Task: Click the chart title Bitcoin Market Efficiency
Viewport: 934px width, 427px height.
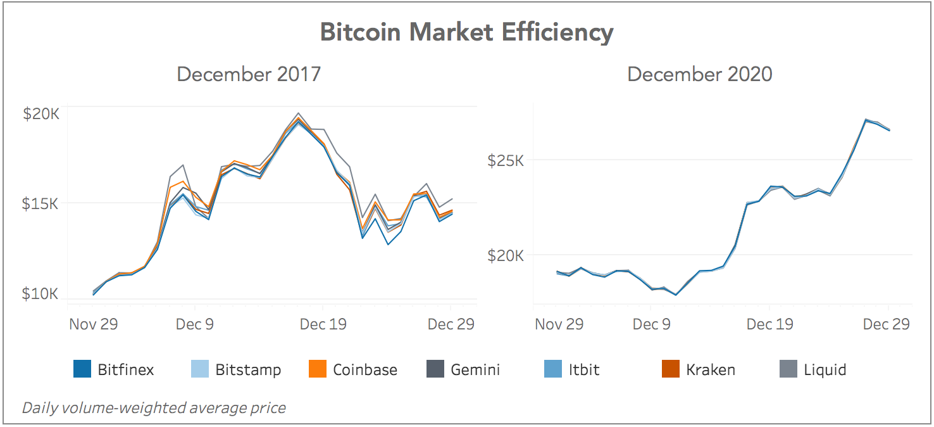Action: point(466,32)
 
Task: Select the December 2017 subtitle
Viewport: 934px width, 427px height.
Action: point(249,74)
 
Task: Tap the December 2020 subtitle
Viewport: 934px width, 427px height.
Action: point(699,74)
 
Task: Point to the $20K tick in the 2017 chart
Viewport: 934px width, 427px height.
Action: point(41,114)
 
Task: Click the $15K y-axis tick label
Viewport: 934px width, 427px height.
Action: point(41,204)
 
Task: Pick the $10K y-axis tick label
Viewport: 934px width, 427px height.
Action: point(41,294)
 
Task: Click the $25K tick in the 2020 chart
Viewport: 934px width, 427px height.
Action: point(506,160)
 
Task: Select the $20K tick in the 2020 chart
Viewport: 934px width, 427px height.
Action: point(506,256)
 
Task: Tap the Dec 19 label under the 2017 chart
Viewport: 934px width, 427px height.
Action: point(323,324)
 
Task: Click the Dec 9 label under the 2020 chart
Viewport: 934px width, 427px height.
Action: point(651,324)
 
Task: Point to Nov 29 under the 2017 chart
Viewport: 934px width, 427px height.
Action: point(94,324)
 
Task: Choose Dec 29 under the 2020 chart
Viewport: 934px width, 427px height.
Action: point(886,324)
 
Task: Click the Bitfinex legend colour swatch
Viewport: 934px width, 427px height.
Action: point(82,369)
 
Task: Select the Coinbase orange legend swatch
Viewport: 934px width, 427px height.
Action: point(317,369)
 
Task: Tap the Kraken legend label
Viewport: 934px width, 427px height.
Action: point(711,370)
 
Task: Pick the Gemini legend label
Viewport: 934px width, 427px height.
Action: point(475,370)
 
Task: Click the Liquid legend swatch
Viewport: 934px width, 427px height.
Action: point(788,369)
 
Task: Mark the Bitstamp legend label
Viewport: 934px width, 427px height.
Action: point(248,370)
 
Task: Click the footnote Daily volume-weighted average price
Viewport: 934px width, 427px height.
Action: point(154,408)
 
